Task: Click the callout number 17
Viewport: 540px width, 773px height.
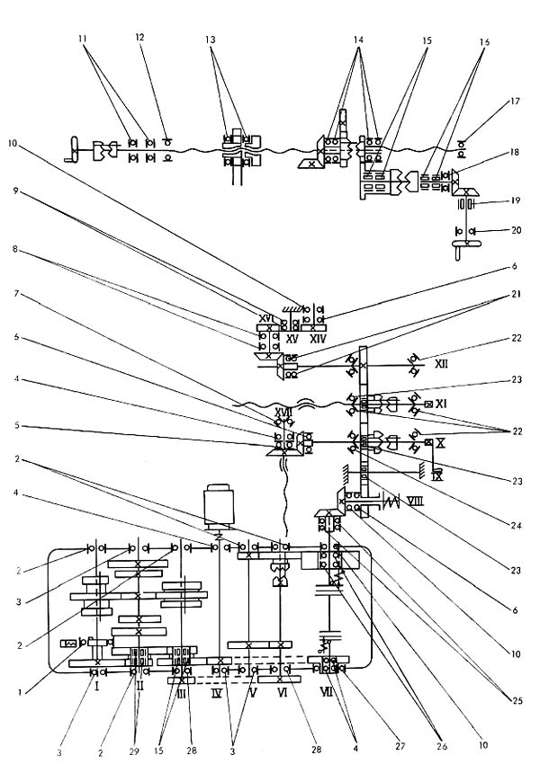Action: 515,102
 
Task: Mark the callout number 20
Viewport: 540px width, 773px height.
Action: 515,231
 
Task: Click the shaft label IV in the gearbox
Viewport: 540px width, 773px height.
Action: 216,694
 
